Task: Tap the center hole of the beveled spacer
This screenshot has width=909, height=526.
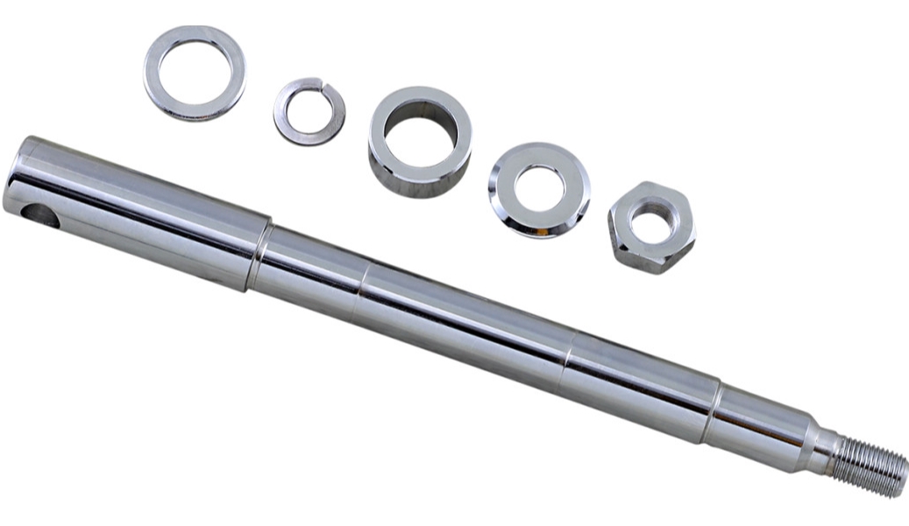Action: coord(538,187)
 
